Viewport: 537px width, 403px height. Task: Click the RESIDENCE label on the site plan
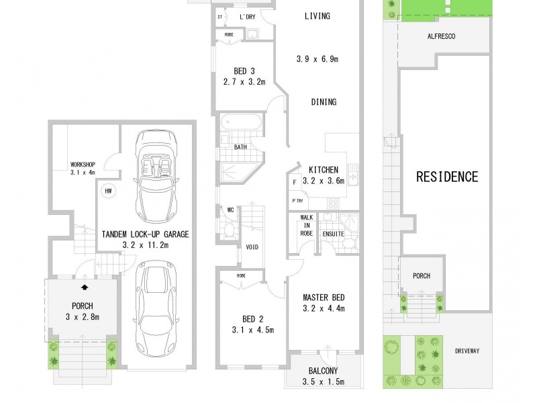click(447, 177)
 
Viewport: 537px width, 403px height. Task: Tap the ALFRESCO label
click(440, 37)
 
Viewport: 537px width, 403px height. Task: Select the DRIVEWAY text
click(468, 351)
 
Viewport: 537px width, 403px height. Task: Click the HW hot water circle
click(107, 191)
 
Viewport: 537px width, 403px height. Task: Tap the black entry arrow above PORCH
click(84, 287)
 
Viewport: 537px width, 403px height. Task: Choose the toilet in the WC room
click(229, 230)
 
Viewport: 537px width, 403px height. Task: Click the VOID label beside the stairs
click(252, 247)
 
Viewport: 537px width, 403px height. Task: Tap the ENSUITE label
click(334, 234)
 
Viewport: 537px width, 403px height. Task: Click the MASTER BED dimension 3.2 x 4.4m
click(323, 309)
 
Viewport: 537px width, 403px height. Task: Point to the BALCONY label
click(323, 371)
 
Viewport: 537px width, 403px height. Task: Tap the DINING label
click(324, 102)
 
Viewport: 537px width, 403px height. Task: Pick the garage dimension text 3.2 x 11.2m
click(145, 246)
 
